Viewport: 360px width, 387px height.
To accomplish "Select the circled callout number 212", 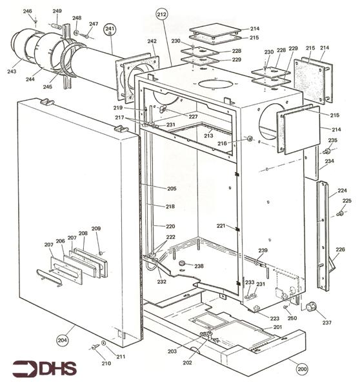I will pyautogui.click(x=161, y=14).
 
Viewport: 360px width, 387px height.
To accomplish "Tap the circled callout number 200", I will pyautogui.click(x=301, y=370).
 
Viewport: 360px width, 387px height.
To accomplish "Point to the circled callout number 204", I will pyautogui.click(x=63, y=340).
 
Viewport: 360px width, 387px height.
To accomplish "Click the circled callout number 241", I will pyautogui.click(x=110, y=30).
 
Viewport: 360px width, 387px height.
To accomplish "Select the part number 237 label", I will pyautogui.click(x=326, y=322).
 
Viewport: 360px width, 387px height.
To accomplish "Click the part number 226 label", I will pyautogui.click(x=340, y=250).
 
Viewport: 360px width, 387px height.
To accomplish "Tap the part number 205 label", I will pyautogui.click(x=172, y=188).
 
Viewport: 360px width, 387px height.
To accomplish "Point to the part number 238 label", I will pyautogui.click(x=199, y=266).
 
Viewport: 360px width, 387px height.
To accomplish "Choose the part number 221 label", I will pyautogui.click(x=221, y=226).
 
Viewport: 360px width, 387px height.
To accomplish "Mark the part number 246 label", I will pyautogui.click(x=27, y=12).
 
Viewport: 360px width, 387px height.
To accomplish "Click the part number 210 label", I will pyautogui.click(x=88, y=363).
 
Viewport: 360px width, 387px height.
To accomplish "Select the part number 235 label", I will pyautogui.click(x=332, y=140).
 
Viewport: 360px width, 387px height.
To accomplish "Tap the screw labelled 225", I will pyautogui.click(x=339, y=213).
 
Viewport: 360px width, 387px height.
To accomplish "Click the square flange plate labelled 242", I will pyautogui.click(x=137, y=71).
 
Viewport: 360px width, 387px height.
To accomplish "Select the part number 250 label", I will pyautogui.click(x=292, y=319).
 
